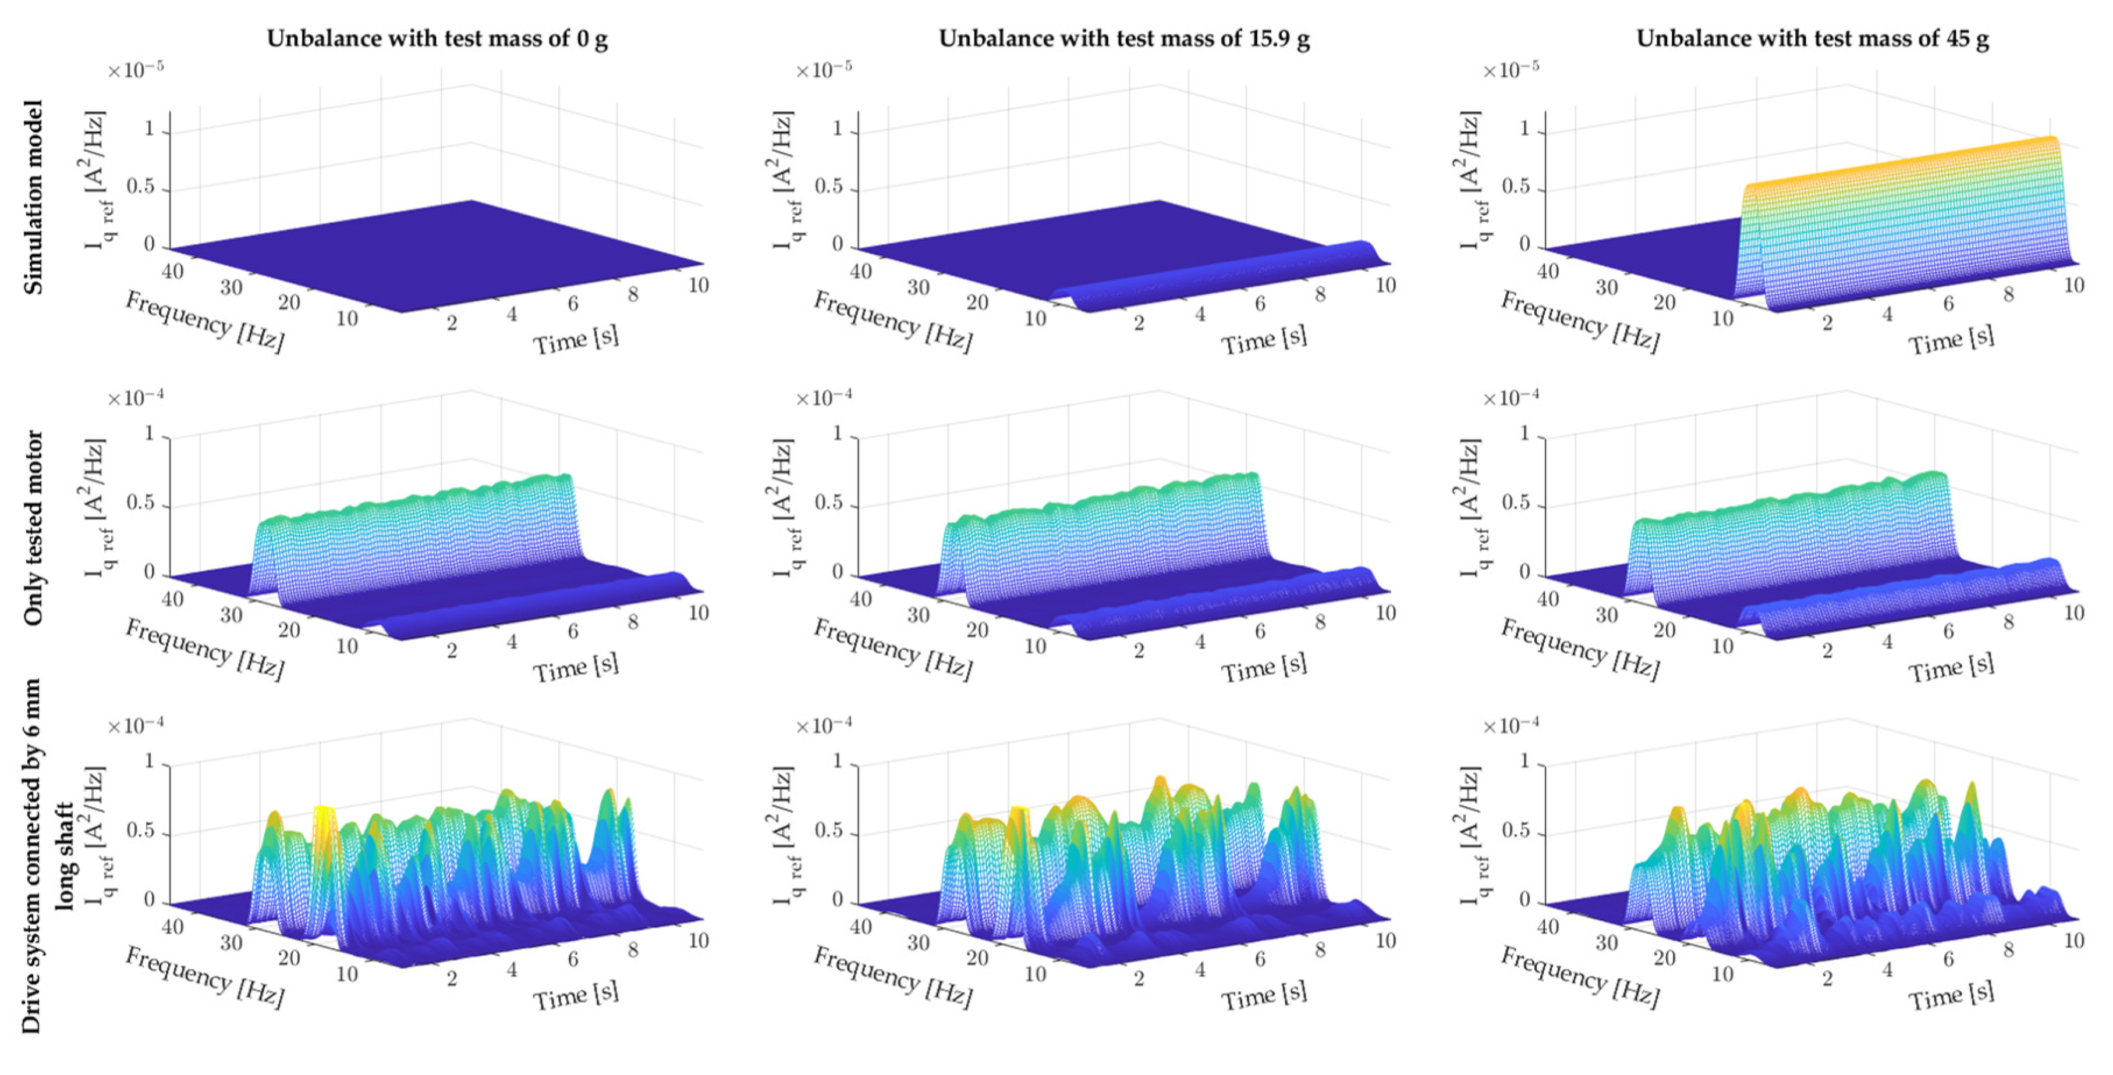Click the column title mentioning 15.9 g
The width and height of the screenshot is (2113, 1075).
point(1124,38)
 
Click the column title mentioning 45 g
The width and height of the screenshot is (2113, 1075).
point(1812,38)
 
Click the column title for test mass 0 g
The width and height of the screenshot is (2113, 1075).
point(437,38)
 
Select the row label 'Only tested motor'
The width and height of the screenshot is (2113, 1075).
point(33,528)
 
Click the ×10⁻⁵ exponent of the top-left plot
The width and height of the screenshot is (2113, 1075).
point(136,70)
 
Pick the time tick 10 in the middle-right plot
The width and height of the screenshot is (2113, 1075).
point(2073,613)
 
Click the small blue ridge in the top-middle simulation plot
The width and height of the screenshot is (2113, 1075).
point(1231,275)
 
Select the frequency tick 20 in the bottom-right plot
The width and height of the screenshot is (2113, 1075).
point(1664,957)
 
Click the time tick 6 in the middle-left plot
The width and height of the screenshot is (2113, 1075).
point(573,631)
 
